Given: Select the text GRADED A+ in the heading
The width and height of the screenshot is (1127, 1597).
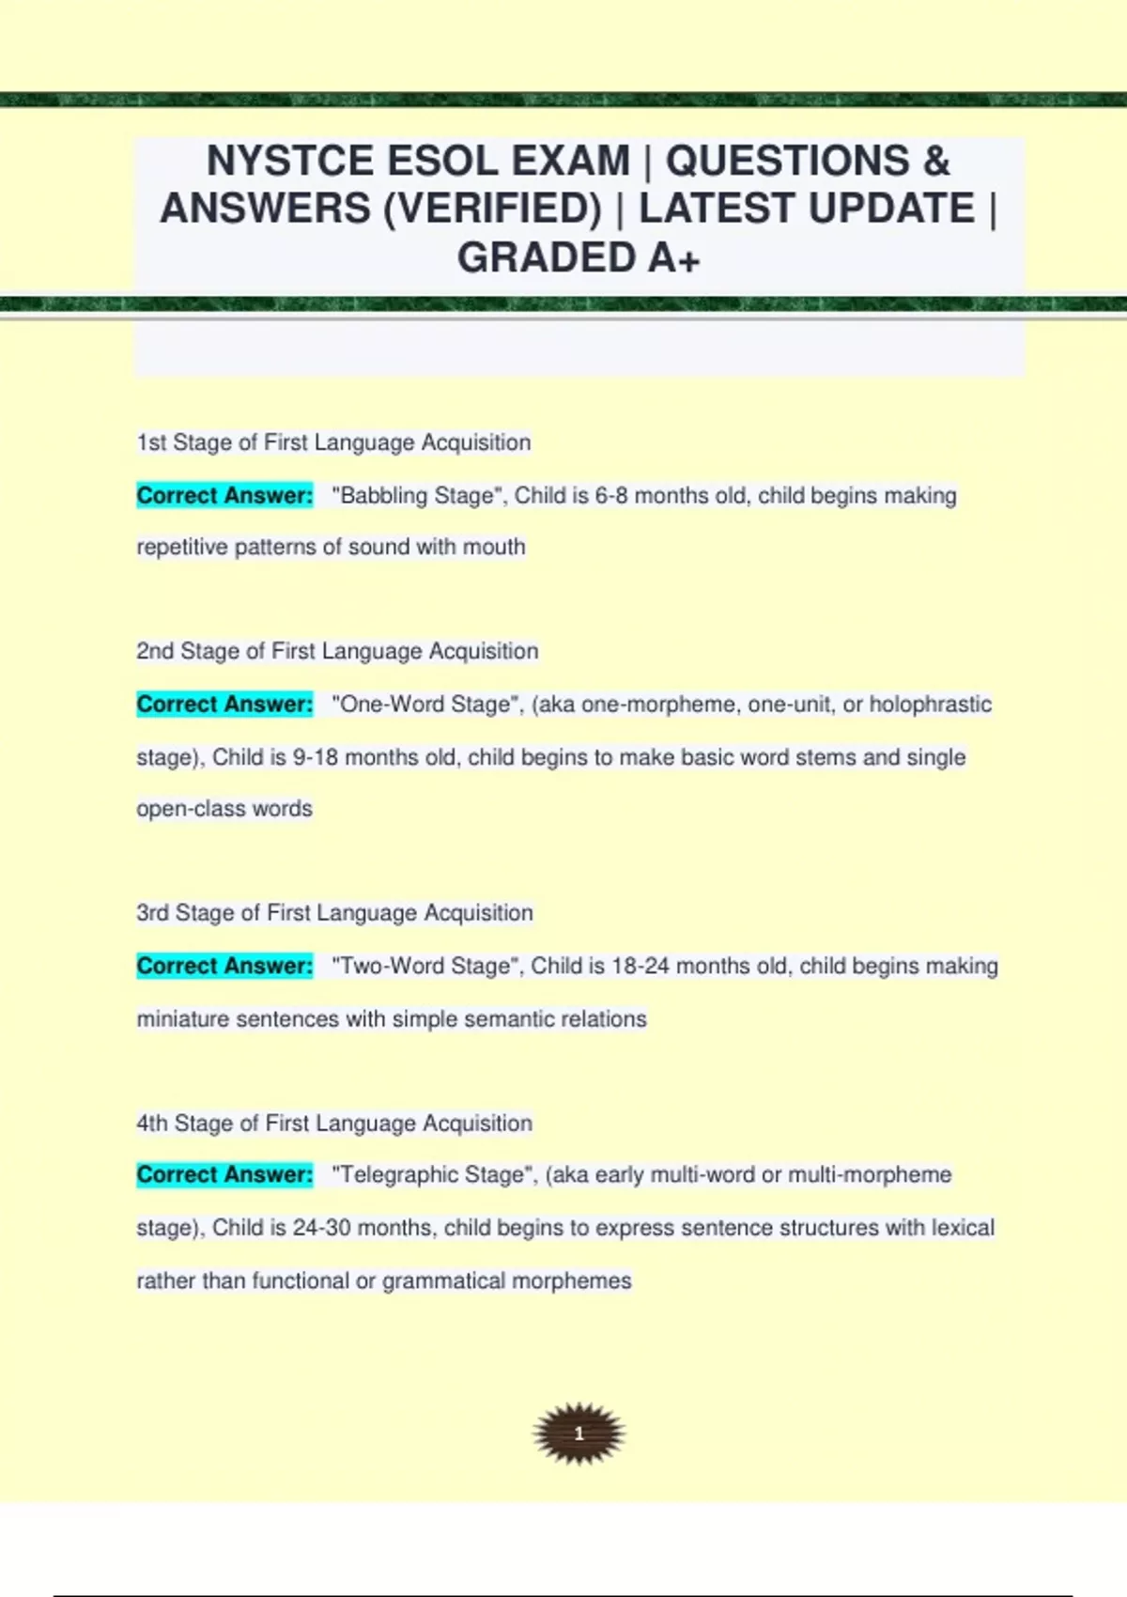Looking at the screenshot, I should pos(579,257).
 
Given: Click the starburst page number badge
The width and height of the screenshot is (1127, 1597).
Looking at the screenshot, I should pos(579,1434).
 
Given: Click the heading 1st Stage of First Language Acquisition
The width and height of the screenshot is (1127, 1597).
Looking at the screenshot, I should pos(333,442).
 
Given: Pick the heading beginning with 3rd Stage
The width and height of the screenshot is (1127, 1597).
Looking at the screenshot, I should pos(334,913).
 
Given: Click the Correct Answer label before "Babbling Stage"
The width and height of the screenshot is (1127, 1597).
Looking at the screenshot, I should pos(224,496).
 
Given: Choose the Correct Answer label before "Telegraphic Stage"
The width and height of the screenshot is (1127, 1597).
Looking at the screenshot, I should pos(224,1174).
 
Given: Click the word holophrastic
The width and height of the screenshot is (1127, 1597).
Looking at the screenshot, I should pos(930,705).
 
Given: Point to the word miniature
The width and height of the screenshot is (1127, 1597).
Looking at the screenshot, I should pos(183,1019).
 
